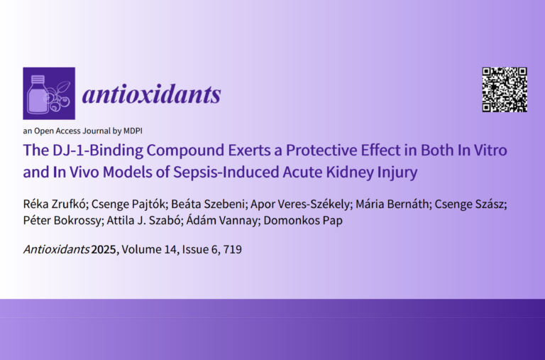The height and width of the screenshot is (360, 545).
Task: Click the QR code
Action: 505,89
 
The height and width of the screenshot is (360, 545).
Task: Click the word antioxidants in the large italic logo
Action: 152,94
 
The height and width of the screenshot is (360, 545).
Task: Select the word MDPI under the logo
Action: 133,131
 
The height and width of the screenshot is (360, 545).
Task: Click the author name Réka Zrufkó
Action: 54,204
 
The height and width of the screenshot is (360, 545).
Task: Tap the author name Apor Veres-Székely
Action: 299,204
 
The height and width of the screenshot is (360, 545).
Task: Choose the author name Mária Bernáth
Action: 392,204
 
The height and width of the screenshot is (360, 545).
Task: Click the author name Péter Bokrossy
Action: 62,220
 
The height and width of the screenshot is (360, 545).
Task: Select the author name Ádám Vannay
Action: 221,220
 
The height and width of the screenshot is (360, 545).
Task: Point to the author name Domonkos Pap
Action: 303,220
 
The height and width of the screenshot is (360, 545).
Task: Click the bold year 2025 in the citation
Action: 103,249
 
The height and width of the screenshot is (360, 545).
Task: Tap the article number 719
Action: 233,249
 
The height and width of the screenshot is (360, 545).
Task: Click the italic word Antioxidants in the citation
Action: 56,249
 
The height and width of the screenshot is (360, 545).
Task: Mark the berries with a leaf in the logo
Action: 59,97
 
